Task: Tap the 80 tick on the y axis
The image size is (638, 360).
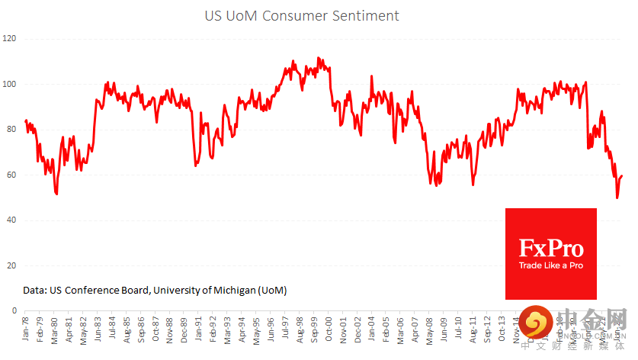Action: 11,130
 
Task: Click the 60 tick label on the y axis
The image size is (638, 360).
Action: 11,175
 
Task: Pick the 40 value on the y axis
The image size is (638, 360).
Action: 11,220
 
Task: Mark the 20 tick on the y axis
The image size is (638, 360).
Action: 11,266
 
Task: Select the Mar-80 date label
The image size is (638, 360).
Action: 54,330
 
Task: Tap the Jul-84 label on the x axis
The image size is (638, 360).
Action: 113,330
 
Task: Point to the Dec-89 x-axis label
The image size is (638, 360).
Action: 185,330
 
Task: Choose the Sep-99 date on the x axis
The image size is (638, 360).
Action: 315,330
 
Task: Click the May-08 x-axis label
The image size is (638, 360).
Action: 430,330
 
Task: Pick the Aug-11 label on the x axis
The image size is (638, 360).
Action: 473,330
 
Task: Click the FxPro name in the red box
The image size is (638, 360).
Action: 550,249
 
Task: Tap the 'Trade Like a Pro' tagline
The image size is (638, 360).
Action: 550,265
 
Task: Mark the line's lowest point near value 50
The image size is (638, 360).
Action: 617,198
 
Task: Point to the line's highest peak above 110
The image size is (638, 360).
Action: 318,58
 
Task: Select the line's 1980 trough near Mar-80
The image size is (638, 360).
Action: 56,194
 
